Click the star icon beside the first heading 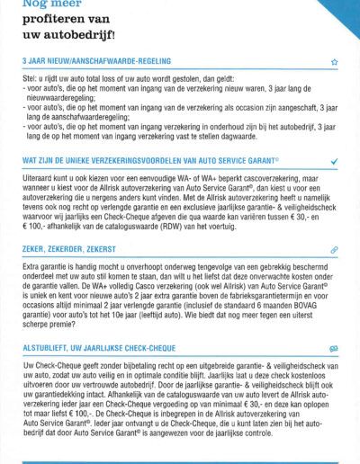click(334, 63)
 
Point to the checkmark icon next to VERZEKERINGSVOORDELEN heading click(334, 161)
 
